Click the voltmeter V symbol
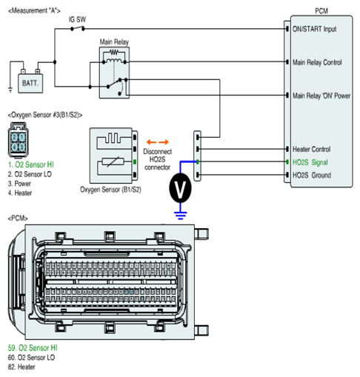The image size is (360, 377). (x=180, y=188)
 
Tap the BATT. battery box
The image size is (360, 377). (x=30, y=83)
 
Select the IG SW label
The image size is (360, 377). (x=77, y=19)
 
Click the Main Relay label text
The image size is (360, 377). (x=114, y=42)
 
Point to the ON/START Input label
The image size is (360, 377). (x=314, y=29)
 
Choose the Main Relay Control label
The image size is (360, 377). (x=317, y=62)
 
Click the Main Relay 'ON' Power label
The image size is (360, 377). (x=321, y=96)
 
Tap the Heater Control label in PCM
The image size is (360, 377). (x=311, y=149)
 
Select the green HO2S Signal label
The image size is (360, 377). (x=310, y=162)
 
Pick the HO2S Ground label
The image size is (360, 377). (x=312, y=175)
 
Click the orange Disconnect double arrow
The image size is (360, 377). (x=158, y=142)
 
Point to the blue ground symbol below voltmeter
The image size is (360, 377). (x=181, y=216)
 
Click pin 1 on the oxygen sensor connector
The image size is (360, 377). (x=22, y=137)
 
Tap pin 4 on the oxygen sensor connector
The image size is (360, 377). (x=15, y=147)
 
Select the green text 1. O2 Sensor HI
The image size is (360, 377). (x=31, y=164)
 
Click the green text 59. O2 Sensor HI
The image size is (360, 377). (x=33, y=347)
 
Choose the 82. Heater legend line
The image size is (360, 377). (x=21, y=367)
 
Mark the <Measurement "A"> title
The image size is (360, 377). (x=34, y=10)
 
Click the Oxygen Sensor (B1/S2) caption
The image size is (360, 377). (x=110, y=190)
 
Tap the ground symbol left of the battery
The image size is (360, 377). (x=10, y=90)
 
